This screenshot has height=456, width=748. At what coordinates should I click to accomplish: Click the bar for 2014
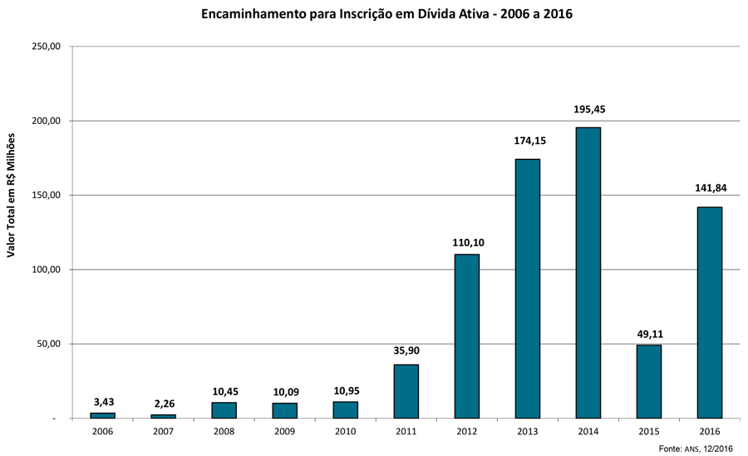588,272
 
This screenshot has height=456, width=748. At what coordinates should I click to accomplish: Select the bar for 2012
466,335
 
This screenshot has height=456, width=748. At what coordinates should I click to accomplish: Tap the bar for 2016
709,312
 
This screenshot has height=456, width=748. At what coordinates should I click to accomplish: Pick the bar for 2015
648,381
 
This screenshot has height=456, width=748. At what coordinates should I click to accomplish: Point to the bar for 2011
406,391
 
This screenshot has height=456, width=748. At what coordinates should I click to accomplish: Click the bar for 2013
527,288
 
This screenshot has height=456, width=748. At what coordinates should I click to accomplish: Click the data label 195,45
588,110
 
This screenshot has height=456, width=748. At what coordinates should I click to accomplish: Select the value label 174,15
527,141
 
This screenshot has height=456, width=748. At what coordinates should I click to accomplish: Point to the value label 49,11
648,334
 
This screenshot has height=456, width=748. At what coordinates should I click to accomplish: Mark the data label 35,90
406,350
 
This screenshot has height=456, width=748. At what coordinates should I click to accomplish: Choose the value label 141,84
709,188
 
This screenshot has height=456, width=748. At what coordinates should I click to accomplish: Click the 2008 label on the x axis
224,431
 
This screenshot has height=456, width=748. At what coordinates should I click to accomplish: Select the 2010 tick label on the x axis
345,431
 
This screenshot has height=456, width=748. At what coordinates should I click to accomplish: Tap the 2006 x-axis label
102,431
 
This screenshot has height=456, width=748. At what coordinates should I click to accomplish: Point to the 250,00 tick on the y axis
47,47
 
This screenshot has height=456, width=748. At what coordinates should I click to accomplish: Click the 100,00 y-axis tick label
47,270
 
